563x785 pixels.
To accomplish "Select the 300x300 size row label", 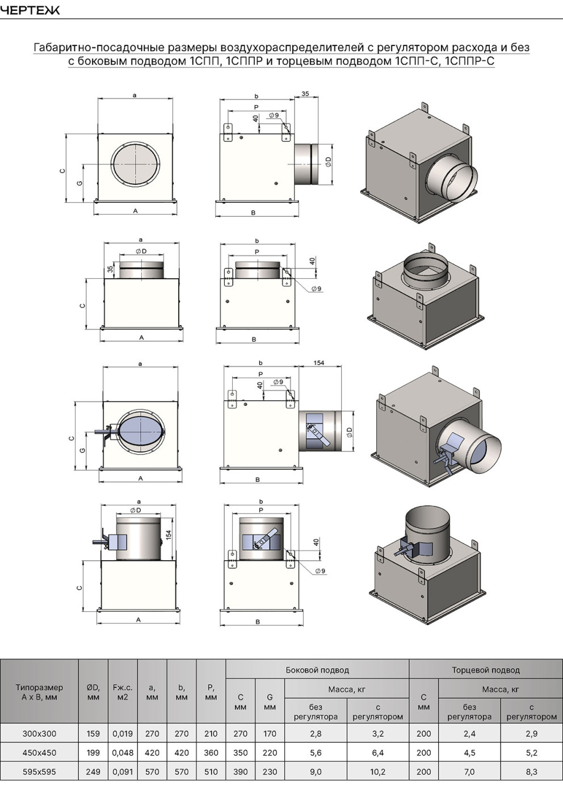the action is (39, 733).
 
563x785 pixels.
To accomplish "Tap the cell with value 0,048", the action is (123, 753).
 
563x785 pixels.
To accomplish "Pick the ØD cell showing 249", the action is (93, 772).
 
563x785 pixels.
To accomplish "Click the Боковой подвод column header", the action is (317, 670).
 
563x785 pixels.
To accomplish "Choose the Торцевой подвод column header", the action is (486, 670).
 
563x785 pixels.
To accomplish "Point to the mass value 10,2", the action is (377, 772).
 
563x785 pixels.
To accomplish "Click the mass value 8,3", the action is (531, 772).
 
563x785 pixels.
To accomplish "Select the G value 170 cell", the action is (270, 733).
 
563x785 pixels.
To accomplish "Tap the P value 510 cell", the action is (211, 772).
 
